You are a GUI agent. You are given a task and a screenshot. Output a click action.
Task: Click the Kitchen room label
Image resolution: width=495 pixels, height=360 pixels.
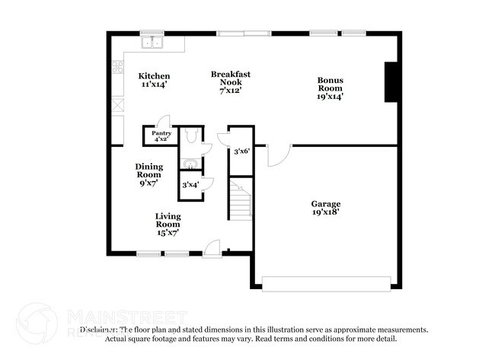click(154, 76)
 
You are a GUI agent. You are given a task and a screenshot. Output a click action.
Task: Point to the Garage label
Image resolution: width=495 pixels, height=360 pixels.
click(325, 204)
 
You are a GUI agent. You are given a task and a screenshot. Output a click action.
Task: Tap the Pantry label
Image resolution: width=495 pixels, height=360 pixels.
click(161, 133)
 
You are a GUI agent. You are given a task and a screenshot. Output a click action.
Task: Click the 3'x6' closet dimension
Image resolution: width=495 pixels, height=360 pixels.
click(241, 151)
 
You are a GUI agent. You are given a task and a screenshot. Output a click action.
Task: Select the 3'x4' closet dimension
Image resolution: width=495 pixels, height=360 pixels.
click(190, 185)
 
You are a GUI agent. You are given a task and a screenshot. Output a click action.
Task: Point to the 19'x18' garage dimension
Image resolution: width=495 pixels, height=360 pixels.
click(325, 214)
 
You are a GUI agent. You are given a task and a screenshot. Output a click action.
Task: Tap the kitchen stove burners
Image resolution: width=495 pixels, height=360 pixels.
click(118, 68)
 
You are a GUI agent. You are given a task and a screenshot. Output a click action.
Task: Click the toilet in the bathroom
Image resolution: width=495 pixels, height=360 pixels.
click(192, 135)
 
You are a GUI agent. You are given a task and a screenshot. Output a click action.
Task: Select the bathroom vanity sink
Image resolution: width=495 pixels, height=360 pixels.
click(190, 164)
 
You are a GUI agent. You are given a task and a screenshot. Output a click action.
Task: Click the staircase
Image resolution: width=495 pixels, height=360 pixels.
click(241, 201)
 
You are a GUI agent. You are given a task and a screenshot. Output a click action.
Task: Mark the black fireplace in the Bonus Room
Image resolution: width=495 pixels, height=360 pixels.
click(391, 82)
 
